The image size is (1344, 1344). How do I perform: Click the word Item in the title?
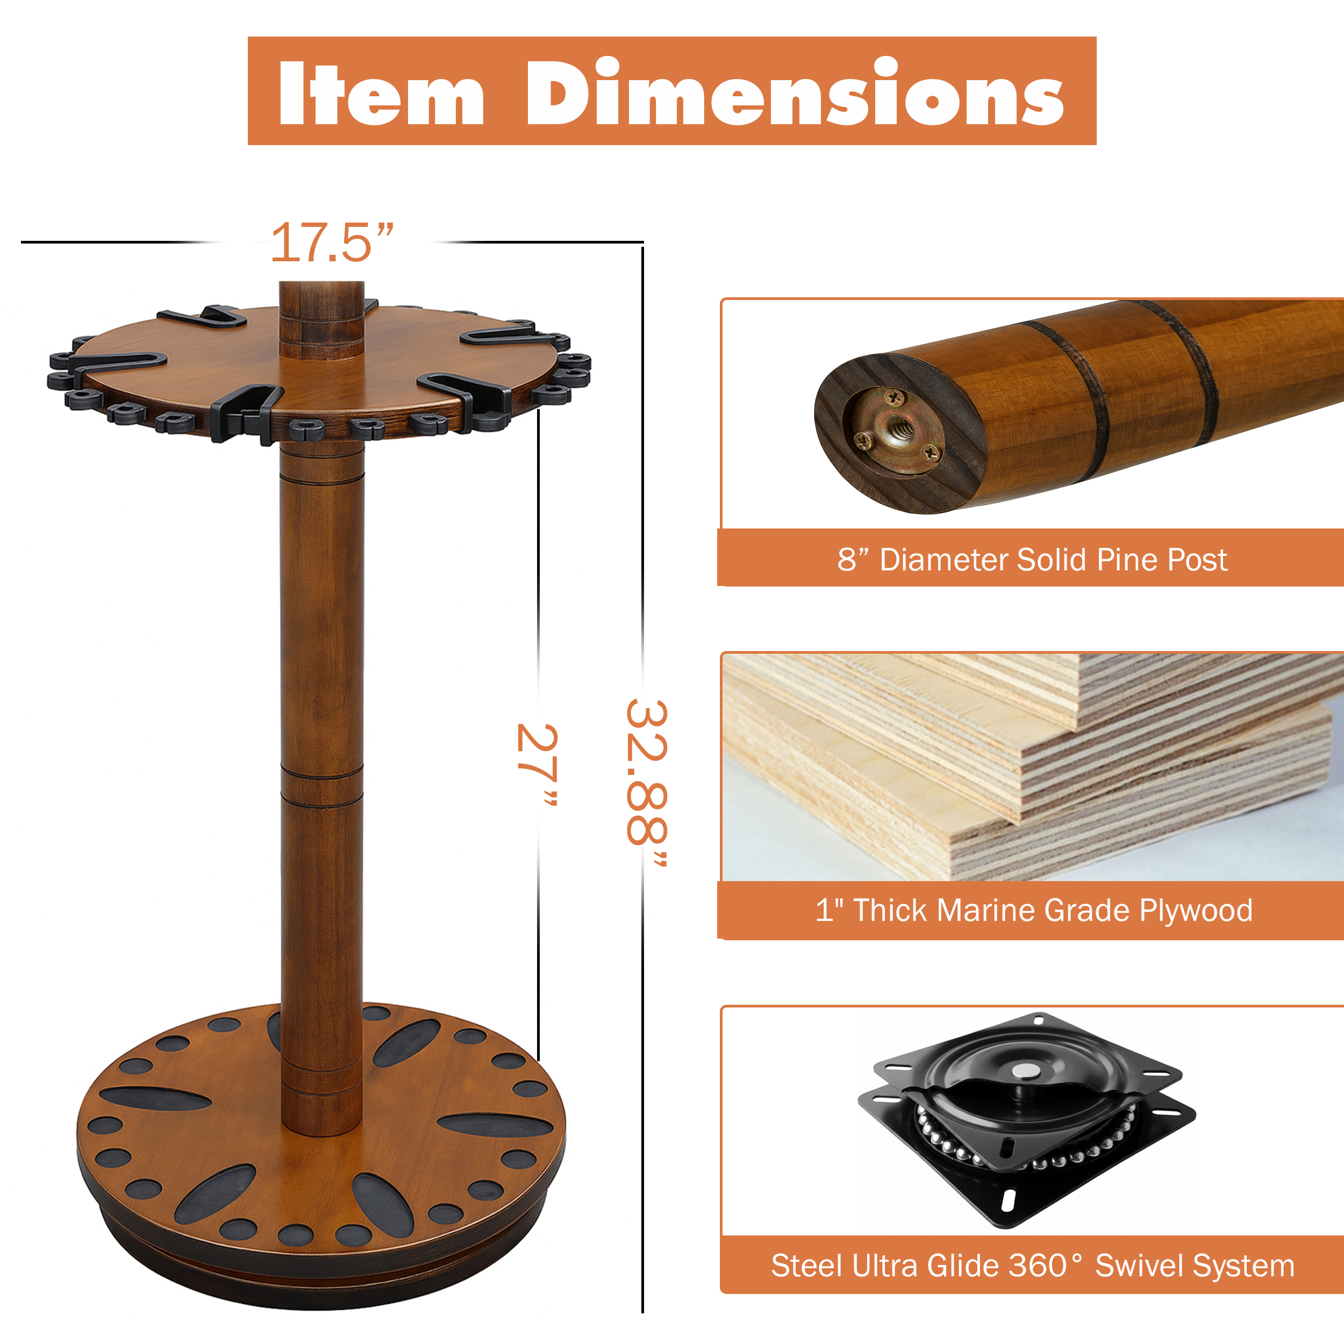click(x=381, y=92)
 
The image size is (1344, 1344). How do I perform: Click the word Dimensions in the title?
click(x=795, y=92)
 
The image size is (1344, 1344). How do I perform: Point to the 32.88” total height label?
click(x=647, y=783)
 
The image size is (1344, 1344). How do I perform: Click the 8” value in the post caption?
click(x=854, y=560)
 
